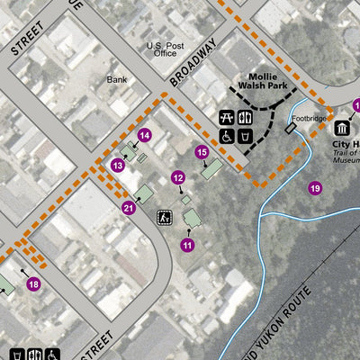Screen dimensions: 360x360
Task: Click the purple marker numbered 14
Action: point(144,136)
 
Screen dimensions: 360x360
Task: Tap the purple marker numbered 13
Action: point(118,166)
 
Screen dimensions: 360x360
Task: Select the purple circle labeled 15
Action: point(202,152)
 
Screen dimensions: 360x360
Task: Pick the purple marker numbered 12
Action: point(178,178)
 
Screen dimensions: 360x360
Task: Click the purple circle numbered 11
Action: point(188,244)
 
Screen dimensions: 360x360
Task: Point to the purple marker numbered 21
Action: point(129,209)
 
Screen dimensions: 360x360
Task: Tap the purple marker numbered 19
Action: point(314,188)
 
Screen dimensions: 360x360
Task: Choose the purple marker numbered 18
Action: point(33,284)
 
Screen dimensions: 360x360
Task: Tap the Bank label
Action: point(117,79)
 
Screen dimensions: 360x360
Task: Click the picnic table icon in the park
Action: point(228,118)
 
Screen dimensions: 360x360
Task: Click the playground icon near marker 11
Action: point(165,217)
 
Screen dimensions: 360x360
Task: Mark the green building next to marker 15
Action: point(211,168)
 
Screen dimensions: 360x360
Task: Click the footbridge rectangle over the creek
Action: point(290,130)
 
